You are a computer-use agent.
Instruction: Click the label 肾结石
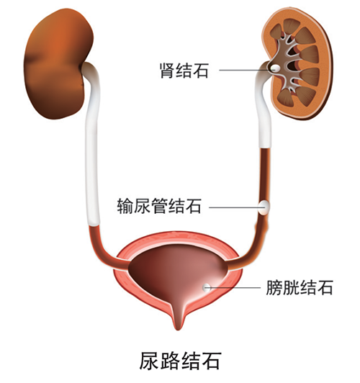click(184, 71)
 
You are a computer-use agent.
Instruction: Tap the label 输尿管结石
click(159, 206)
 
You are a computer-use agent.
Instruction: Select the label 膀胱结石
click(300, 287)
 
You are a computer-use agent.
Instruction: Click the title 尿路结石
click(181, 361)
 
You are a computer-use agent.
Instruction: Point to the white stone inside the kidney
click(275, 68)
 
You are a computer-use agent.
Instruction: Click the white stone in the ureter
click(264, 207)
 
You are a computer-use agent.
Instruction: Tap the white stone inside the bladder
click(207, 287)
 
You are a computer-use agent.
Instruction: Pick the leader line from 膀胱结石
click(233, 287)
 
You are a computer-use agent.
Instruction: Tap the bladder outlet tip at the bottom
click(179, 328)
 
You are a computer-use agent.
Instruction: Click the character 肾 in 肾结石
click(167, 71)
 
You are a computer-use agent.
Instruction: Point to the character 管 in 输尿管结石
click(159, 206)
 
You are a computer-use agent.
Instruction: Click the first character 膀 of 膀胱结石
click(274, 287)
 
